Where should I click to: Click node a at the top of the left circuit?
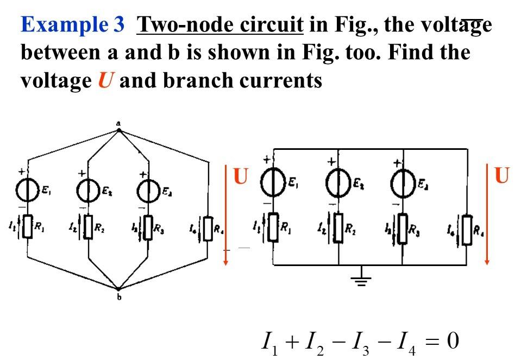pos(118,129)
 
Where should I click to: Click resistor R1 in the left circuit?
pos(28,229)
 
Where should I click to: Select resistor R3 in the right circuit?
pos(402,229)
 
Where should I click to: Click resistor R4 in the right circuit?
pos(466,229)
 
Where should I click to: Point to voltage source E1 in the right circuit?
pos(272,182)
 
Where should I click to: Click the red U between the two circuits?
pos(240,177)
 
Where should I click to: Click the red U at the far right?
pos(502,175)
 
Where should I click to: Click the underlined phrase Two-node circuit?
pos(220,25)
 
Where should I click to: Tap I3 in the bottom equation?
pos(361,343)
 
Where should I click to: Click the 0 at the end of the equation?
pos(453,342)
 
